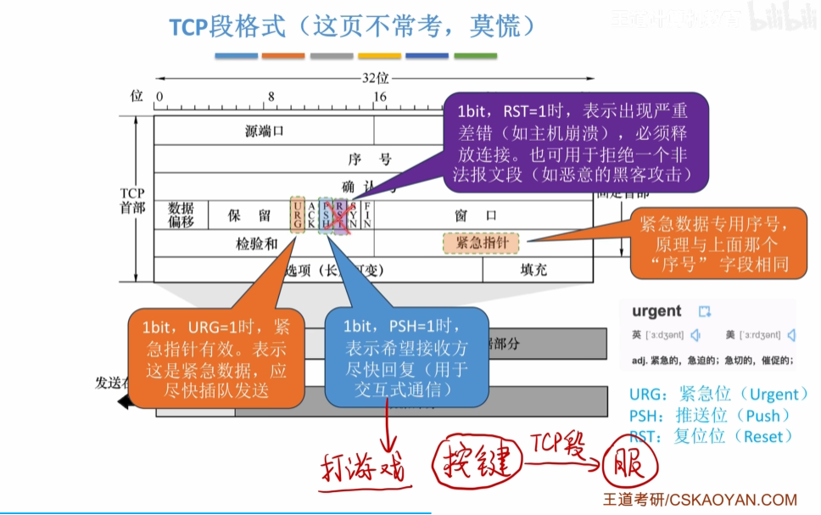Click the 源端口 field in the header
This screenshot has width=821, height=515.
point(264,131)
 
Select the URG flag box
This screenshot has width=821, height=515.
point(297,216)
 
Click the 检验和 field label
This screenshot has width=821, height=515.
point(257,244)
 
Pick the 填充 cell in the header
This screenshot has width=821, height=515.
point(534,270)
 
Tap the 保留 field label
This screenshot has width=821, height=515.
point(249,216)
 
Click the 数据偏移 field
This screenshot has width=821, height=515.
point(182,216)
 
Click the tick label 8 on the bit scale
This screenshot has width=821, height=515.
point(271,97)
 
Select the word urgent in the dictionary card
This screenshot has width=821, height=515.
point(657,311)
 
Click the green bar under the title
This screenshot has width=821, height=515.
point(476,56)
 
